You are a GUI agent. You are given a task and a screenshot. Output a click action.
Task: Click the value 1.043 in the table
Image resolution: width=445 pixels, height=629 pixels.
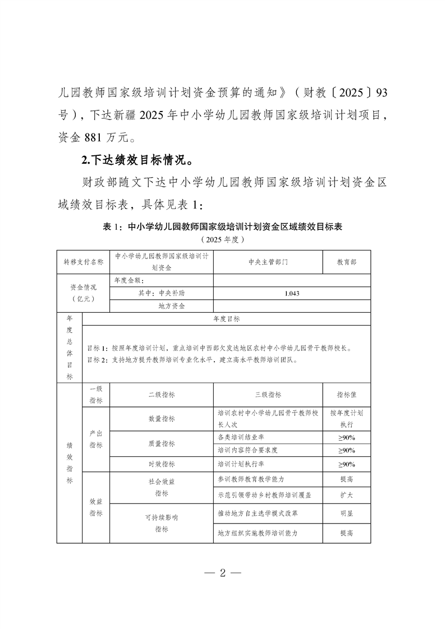[x=268, y=293]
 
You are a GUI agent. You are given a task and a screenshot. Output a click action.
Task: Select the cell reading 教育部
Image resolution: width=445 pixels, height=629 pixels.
[x=346, y=262]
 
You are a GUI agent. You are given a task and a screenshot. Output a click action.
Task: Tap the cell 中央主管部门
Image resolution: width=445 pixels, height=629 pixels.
[x=268, y=262]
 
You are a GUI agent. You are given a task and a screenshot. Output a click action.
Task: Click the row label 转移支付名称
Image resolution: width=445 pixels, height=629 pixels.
[x=84, y=262]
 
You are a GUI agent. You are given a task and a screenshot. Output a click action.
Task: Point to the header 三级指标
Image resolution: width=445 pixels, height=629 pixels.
[x=268, y=395]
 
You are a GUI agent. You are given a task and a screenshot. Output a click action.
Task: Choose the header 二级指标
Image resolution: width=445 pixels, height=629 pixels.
[x=162, y=395]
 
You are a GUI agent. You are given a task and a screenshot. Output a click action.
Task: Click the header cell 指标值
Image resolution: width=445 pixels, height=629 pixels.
[x=346, y=395]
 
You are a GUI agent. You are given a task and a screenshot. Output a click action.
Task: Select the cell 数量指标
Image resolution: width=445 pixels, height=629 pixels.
[x=162, y=419]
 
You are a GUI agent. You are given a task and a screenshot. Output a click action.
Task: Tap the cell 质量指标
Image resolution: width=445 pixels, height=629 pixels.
[x=162, y=443]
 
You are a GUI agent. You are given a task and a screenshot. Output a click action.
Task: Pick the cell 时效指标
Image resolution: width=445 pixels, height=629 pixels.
[x=162, y=464]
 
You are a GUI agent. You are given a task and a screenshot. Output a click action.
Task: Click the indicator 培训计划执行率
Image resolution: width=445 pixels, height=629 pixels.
[x=241, y=464]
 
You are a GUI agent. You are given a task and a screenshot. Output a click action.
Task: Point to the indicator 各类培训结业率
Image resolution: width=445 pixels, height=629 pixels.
[x=241, y=437]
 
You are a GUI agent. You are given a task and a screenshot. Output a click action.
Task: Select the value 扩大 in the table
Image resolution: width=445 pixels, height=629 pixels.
[x=346, y=496]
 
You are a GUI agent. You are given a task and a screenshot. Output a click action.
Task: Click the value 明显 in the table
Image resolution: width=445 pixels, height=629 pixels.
[x=346, y=513]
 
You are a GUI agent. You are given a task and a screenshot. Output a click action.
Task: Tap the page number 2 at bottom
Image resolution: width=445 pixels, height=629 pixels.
[x=222, y=573]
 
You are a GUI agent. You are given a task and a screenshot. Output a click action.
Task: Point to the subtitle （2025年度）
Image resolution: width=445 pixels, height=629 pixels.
[x=222, y=239]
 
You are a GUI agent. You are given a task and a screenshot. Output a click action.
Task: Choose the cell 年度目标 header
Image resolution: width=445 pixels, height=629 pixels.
[x=226, y=318]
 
